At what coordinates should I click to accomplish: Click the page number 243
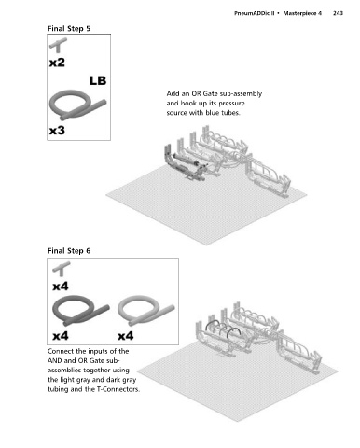click(338, 13)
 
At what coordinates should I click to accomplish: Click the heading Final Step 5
click(69, 29)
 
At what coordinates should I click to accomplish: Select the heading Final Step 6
click(69, 251)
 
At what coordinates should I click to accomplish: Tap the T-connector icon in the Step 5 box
click(58, 45)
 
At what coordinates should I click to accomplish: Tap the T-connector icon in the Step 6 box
click(62, 269)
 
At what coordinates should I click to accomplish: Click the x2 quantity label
click(57, 63)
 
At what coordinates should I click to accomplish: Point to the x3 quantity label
click(57, 130)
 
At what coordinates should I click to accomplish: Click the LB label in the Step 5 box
click(98, 80)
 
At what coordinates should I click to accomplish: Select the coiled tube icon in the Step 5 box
click(77, 105)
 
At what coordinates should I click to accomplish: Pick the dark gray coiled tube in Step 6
click(81, 311)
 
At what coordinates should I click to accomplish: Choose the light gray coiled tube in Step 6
click(145, 311)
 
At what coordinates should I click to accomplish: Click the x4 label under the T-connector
click(61, 286)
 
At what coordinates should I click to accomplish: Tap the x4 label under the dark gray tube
click(61, 336)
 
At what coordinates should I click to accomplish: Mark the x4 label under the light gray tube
click(125, 336)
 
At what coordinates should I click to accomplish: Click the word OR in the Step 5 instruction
click(198, 93)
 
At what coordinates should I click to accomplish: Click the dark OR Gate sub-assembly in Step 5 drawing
click(185, 162)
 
